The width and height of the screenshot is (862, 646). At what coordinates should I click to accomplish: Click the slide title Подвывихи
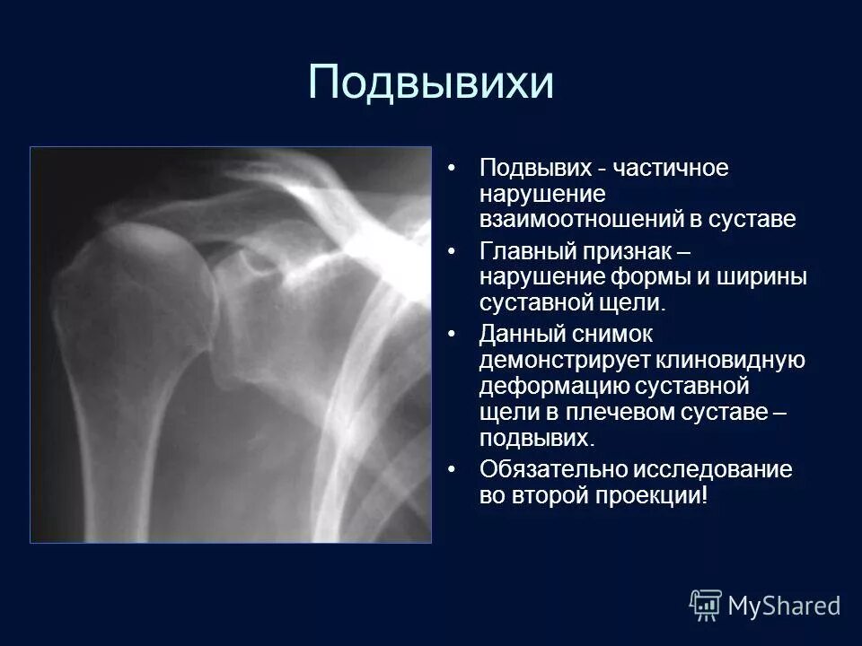pyautogui.click(x=430, y=83)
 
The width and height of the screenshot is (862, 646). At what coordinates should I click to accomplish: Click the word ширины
pyautogui.click(x=761, y=277)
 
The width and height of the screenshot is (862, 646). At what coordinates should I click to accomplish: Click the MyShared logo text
pyautogui.click(x=783, y=606)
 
